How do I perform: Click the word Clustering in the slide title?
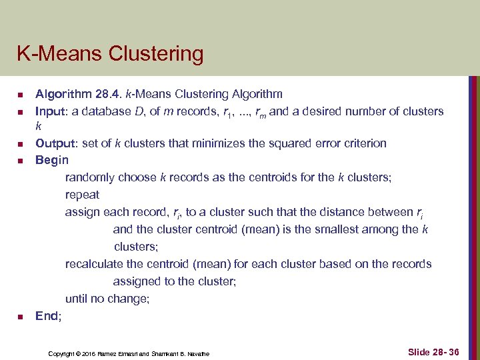pyautogui.click(x=161, y=54)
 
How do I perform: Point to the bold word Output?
pyautogui.click(x=53, y=143)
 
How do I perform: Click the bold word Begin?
pyautogui.click(x=52, y=160)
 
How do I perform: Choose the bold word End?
pyautogui.click(x=47, y=316)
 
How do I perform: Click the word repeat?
pyautogui.click(x=82, y=195)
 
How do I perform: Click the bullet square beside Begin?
pyautogui.click(x=21, y=161)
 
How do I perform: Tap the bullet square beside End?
pyautogui.click(x=21, y=317)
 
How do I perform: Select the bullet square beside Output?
pyautogui.click(x=21, y=144)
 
